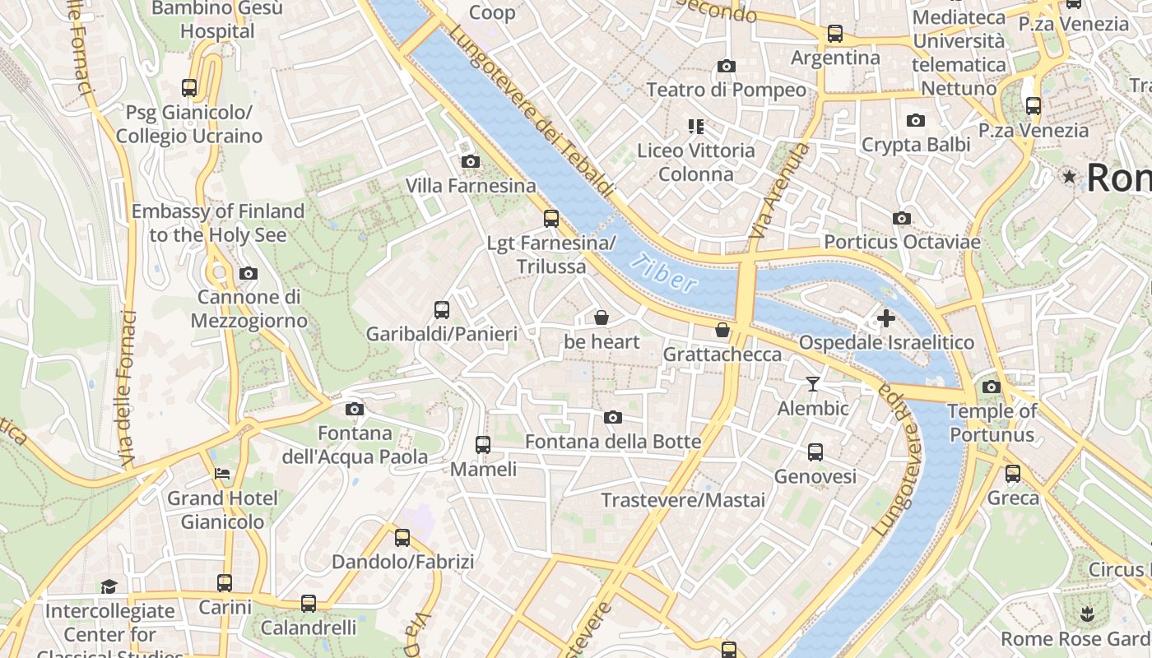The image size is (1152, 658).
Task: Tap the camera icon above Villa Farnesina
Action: [471, 161]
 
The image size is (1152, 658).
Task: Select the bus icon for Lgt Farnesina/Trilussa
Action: [551, 219]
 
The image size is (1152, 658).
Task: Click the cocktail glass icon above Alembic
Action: [813, 383]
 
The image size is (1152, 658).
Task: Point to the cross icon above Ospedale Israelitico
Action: [886, 318]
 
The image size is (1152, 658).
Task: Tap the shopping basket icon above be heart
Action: [602, 317]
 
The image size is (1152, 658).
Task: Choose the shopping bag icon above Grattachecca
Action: [722, 330]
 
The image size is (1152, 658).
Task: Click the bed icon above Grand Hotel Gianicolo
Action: [222, 474]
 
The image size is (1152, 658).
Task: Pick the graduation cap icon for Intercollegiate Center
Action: [109, 586]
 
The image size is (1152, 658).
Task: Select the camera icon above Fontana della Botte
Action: [613, 418]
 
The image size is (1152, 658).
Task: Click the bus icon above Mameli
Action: [483, 445]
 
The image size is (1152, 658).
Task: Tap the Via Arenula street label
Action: [779, 192]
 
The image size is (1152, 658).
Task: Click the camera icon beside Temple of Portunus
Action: [992, 387]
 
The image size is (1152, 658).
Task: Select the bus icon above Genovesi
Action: [815, 452]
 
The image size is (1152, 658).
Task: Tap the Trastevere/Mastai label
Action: [683, 500]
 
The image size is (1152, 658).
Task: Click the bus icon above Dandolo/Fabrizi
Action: [402, 538]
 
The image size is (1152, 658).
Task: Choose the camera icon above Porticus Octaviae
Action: [902, 218]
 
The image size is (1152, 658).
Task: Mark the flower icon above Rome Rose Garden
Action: [1087, 614]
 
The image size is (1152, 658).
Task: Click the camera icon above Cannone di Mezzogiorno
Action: [249, 273]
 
